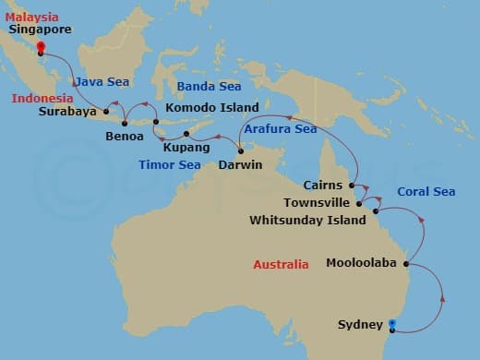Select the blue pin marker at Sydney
[393, 323]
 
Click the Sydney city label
[360, 325]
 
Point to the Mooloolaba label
[361, 263]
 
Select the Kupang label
[179, 147]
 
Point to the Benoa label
[125, 137]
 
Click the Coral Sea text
[426, 192]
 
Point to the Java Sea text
[102, 82]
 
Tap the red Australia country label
[281, 265]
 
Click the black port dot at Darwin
[240, 151]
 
